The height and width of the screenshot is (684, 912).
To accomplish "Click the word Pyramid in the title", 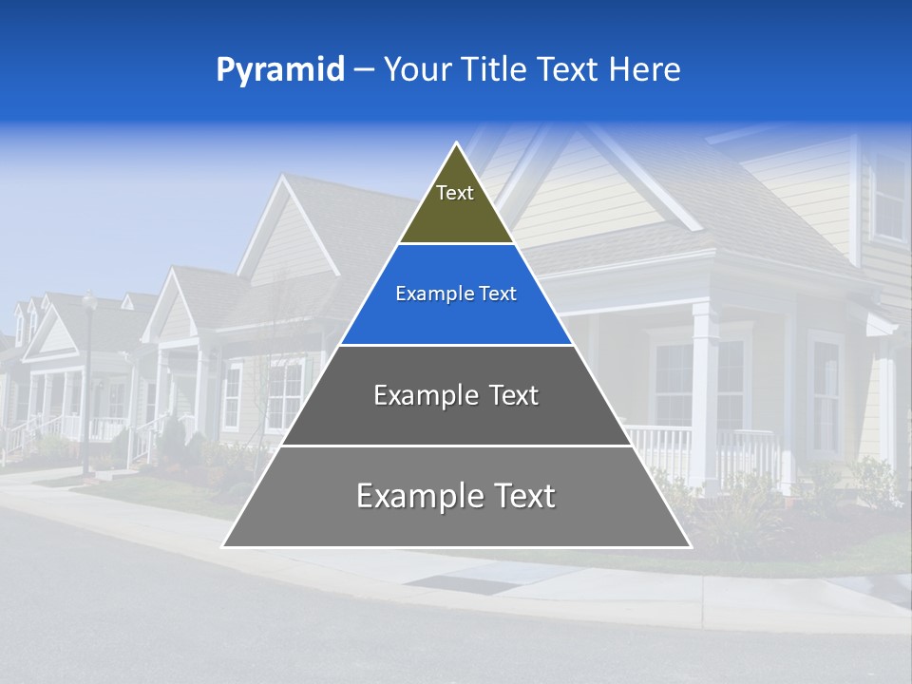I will click(x=279, y=70).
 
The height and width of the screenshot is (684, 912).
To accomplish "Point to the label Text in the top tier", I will click(x=455, y=193).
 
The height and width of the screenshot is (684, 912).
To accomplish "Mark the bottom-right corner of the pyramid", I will click(x=690, y=546).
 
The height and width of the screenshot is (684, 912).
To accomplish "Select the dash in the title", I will click(x=363, y=70).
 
